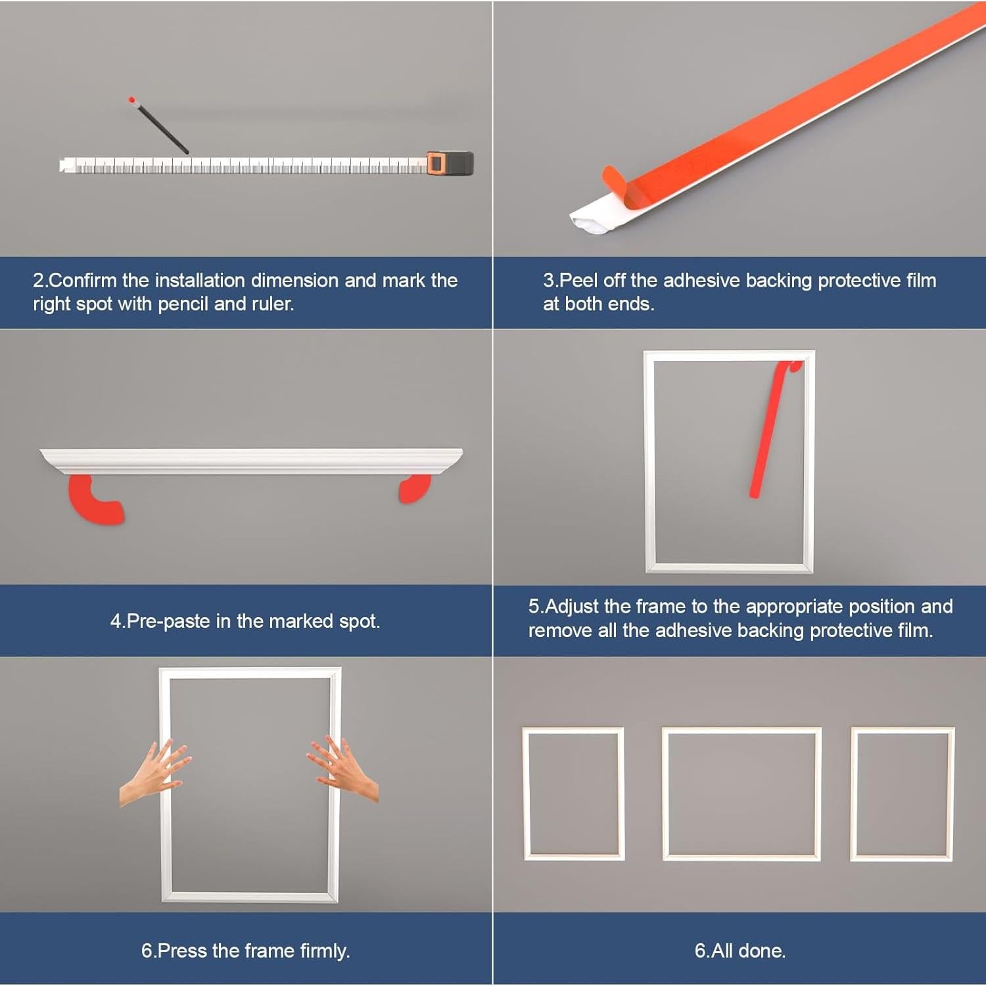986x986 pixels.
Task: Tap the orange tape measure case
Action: [451, 163]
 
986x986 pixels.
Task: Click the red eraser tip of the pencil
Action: [132, 100]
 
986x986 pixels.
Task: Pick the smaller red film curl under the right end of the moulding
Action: [415, 488]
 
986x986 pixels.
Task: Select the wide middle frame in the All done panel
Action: [741, 730]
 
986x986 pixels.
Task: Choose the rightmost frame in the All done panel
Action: [903, 730]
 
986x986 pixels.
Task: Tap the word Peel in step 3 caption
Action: [578, 281]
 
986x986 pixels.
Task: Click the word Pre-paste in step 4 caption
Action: [168, 621]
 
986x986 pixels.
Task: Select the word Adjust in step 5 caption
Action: [573, 606]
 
